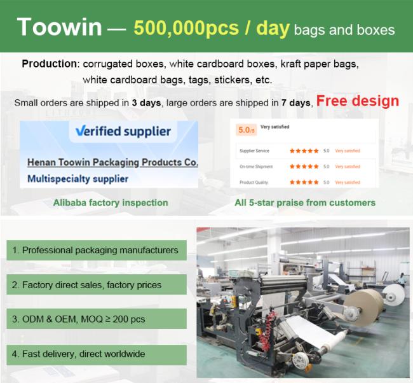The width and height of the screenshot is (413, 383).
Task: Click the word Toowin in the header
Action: [x=59, y=27]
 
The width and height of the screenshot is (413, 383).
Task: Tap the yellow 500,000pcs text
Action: [x=186, y=28]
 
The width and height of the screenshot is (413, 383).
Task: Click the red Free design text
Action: [x=358, y=101]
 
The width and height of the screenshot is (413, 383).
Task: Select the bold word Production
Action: [x=50, y=64]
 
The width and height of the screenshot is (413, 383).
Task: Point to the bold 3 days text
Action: [x=146, y=103]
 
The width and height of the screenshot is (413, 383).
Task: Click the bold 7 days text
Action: [x=296, y=103]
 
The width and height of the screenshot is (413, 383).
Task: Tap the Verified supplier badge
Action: [x=123, y=131]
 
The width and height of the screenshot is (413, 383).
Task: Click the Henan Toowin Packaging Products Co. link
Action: [x=112, y=162]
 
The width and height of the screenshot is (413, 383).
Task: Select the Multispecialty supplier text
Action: [x=78, y=179]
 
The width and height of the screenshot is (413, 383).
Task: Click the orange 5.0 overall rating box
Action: [x=247, y=130]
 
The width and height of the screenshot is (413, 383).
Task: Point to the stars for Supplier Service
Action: [x=304, y=151]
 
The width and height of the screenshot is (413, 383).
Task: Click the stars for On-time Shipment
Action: [x=304, y=167]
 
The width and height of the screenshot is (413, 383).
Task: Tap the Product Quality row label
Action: [x=254, y=182]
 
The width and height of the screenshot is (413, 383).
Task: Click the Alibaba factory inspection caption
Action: [x=111, y=202]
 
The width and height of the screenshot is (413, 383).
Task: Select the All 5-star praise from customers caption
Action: [x=305, y=202]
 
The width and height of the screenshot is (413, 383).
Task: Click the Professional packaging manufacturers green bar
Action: [x=97, y=250]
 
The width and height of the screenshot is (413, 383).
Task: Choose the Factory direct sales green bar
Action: [x=97, y=284]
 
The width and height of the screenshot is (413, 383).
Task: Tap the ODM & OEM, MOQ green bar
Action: [x=97, y=319]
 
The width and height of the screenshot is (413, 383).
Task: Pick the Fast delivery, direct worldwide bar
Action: [x=97, y=354]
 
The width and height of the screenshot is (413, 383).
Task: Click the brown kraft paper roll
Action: [x=365, y=308]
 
